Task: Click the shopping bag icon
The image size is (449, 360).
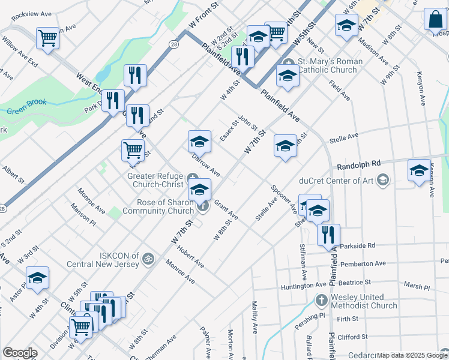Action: [435, 19]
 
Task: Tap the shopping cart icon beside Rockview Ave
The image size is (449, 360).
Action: [47, 38]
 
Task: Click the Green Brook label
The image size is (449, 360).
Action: [26, 111]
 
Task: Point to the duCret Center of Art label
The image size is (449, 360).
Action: [339, 179]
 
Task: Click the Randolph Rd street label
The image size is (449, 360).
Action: [359, 163]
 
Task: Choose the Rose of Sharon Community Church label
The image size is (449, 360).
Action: [158, 206]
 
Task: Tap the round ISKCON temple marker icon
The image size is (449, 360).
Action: [148, 259]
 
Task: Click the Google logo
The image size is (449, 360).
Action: [20, 353]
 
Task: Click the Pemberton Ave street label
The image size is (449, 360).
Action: [363, 263]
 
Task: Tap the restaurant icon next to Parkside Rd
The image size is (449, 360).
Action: [328, 235]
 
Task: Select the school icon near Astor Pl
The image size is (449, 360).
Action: [37, 278]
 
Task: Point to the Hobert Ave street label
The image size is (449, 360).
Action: [191, 256]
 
